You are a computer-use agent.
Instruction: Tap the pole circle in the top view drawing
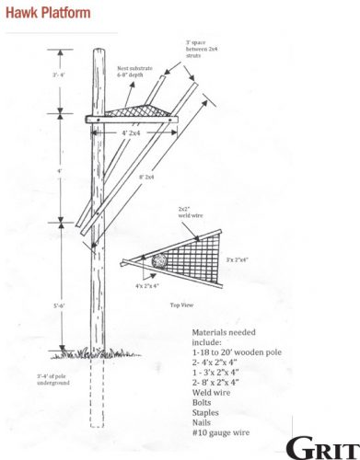click(158, 259)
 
